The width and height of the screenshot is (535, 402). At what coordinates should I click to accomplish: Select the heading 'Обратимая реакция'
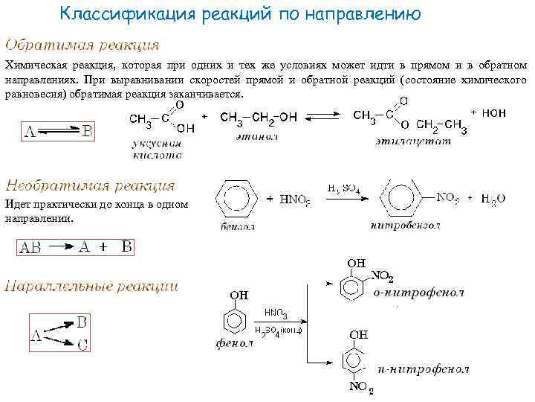click(x=82, y=45)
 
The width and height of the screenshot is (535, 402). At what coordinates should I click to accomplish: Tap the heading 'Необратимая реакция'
click(x=90, y=185)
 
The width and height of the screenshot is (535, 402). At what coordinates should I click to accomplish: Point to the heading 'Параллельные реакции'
click(x=91, y=285)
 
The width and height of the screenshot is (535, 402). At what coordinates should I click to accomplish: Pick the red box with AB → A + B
click(x=75, y=247)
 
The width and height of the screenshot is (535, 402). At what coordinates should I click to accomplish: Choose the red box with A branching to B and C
click(x=59, y=333)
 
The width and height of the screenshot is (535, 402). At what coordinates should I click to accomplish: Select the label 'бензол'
click(x=237, y=226)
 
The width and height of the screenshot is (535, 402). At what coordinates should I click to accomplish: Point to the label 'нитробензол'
click(x=405, y=224)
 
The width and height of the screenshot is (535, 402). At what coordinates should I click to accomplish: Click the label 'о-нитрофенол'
click(x=418, y=293)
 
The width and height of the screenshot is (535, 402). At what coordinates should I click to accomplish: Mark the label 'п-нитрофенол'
click(x=423, y=368)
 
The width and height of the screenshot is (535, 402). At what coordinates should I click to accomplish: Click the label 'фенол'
click(x=235, y=345)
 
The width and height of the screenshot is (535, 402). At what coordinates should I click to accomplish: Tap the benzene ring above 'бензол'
click(x=237, y=198)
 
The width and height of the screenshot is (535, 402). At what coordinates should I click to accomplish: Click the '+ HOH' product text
click(x=488, y=112)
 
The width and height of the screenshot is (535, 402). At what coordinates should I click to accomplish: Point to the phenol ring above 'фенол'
click(x=235, y=321)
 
